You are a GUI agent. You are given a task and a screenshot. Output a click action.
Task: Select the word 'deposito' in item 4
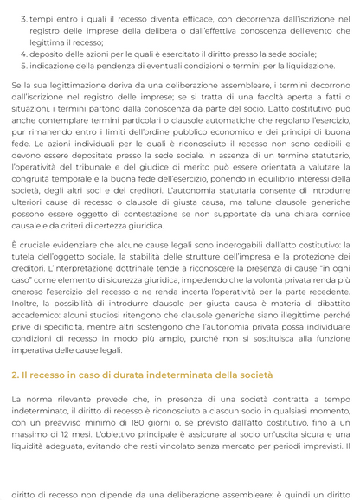[49, 54]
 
